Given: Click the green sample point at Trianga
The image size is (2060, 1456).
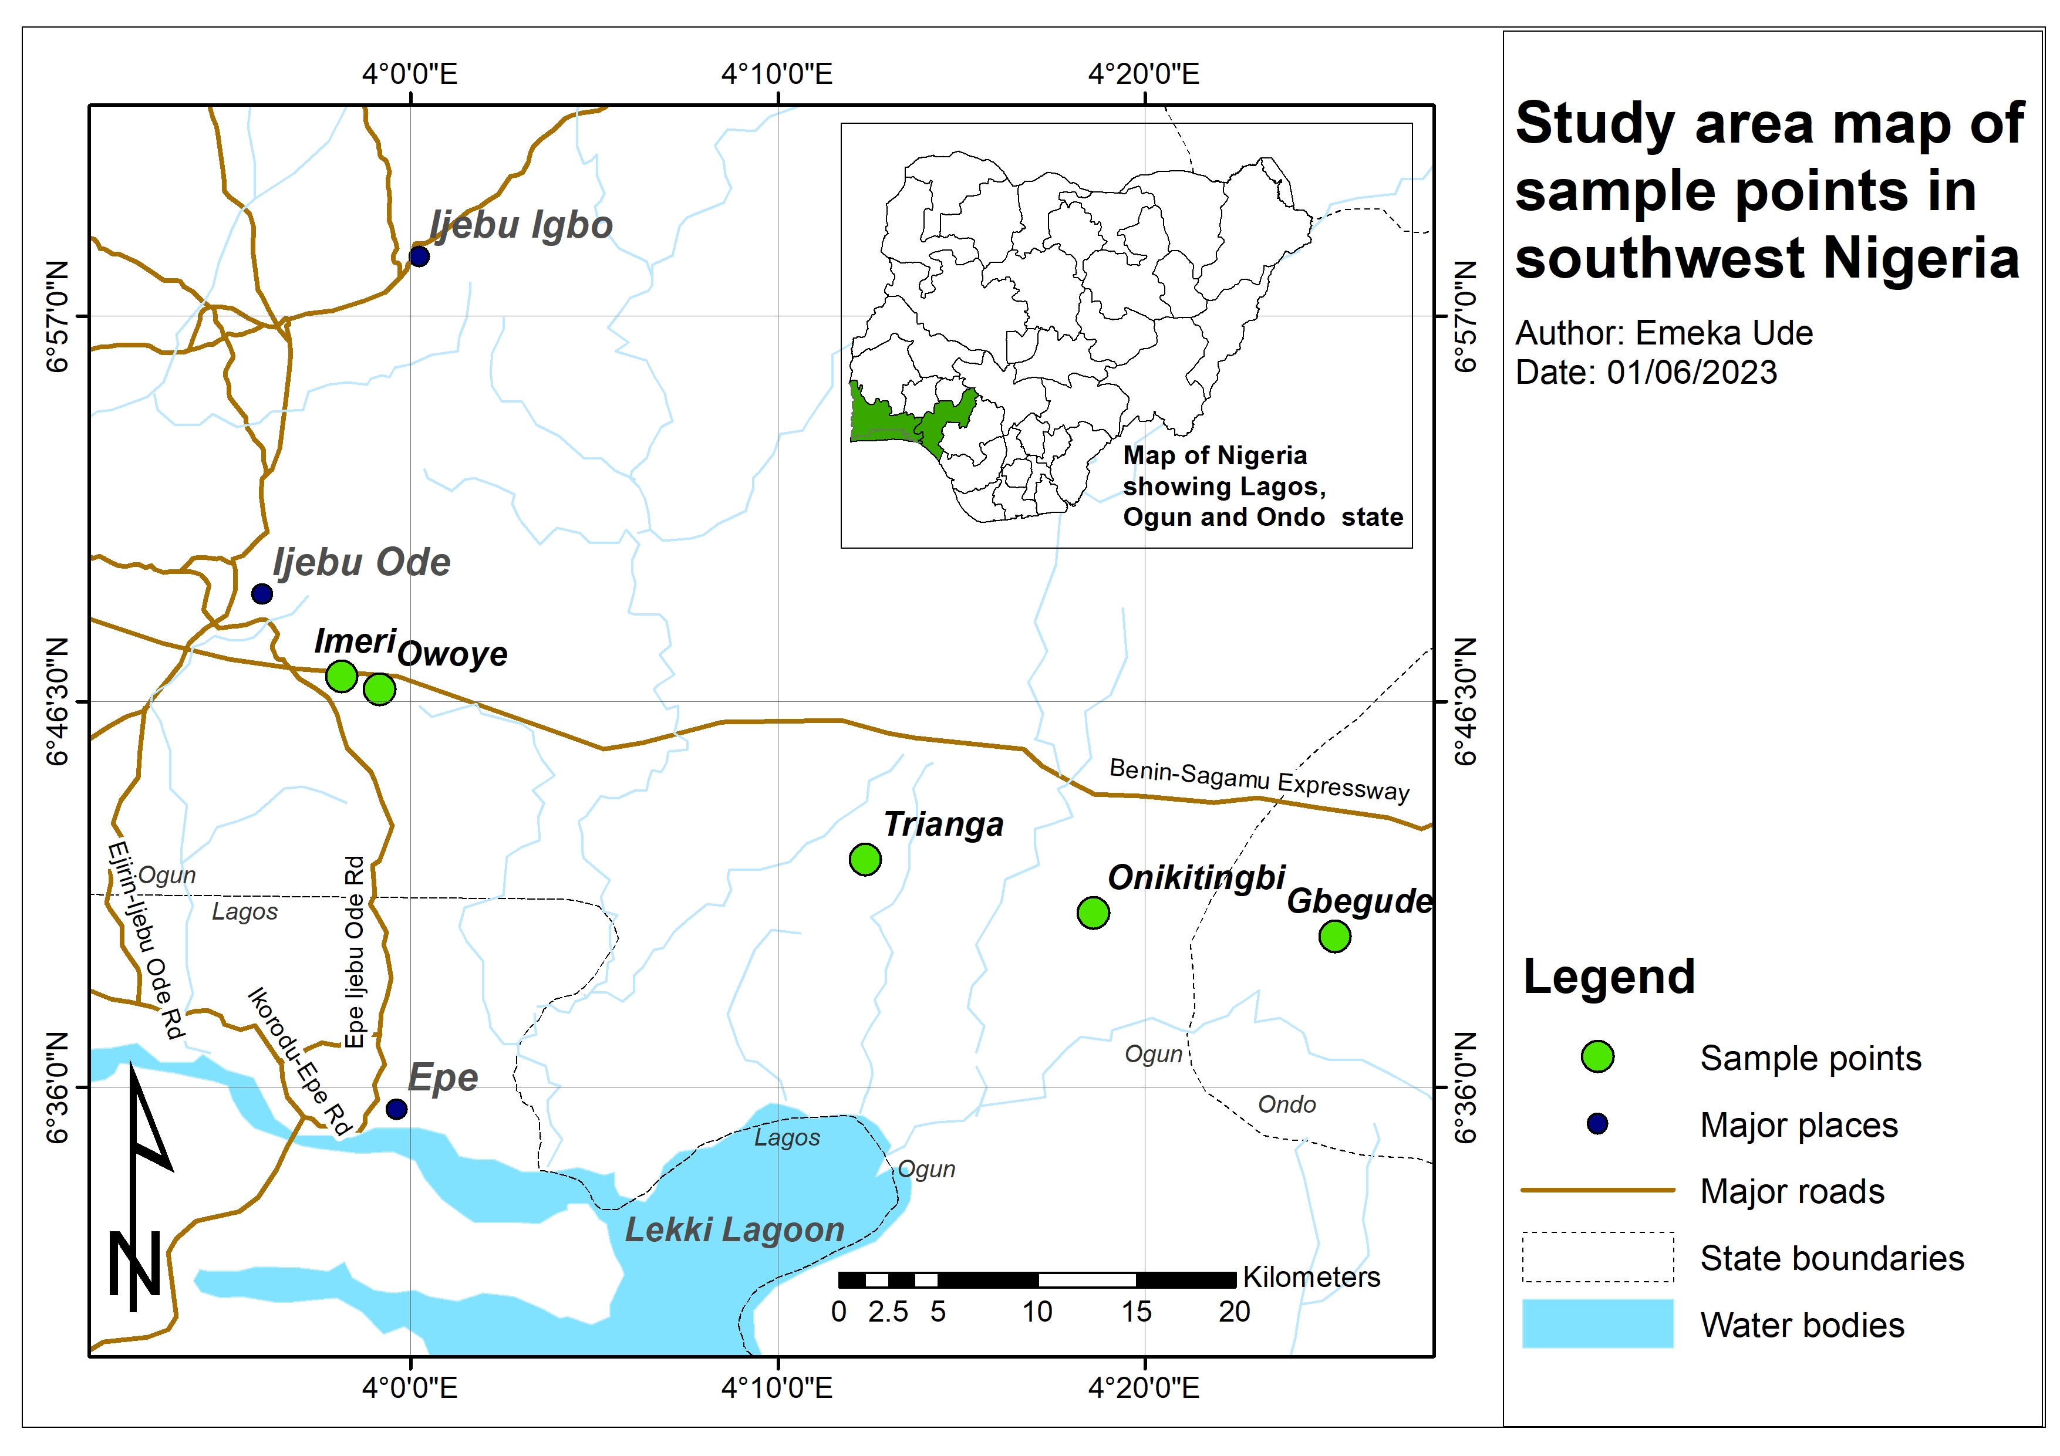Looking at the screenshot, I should (x=864, y=859).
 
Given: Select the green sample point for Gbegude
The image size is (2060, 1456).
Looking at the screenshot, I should (x=1334, y=937).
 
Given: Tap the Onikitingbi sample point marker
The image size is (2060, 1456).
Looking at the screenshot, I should (x=1092, y=913).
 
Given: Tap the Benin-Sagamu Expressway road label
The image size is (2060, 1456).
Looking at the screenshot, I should (x=1259, y=779).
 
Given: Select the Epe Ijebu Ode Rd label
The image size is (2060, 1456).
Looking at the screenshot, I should (x=355, y=951).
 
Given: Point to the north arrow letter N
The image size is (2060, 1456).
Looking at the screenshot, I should (x=134, y=1265).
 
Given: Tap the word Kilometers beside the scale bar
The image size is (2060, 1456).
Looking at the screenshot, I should (x=1311, y=1278).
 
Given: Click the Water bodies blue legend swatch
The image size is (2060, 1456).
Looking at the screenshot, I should (x=1597, y=1324).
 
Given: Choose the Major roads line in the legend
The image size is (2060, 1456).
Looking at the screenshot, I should (x=1597, y=1191).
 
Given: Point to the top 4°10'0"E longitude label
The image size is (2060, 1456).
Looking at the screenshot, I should (x=777, y=73).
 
